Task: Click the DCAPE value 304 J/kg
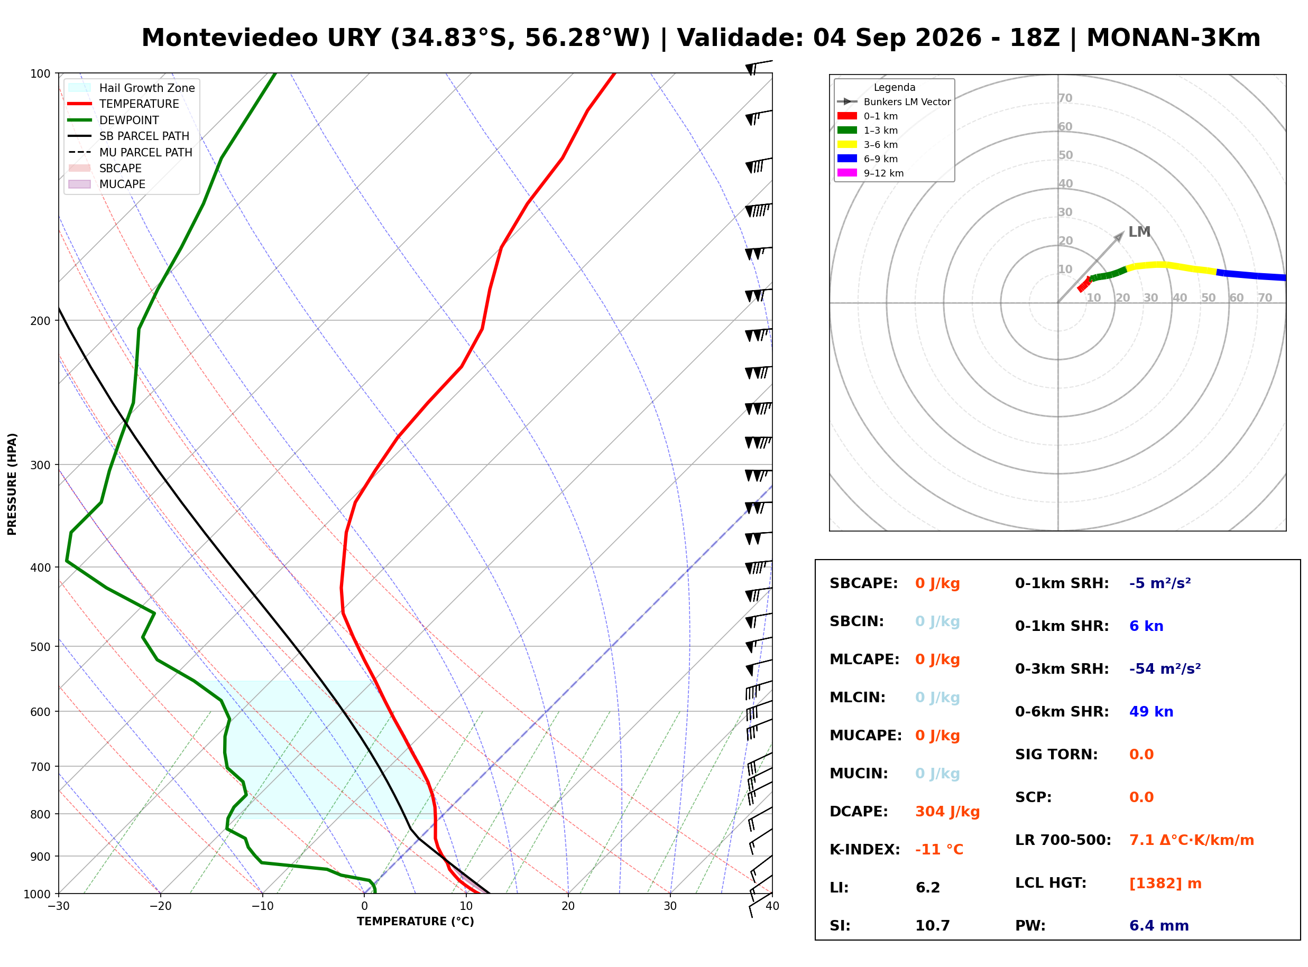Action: coord(947,812)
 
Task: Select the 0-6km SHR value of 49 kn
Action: coord(1151,712)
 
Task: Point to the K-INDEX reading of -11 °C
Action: coord(939,850)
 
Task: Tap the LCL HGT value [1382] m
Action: coord(1165,884)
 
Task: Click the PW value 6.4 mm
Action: coord(1159,926)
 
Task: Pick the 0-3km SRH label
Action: coord(1062,669)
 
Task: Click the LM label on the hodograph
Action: coord(1139,232)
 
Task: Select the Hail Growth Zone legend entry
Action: coord(131,88)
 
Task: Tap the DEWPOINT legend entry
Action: coord(114,120)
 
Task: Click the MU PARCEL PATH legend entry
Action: coord(130,152)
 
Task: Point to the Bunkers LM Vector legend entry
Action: coord(894,102)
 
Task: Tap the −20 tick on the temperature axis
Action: coord(160,906)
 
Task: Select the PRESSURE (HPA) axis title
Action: coord(12,484)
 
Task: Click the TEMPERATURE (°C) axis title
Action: coord(416,922)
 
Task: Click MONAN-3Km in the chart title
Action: coord(1173,38)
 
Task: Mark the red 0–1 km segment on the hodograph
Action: coord(1084,284)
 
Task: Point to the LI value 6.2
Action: coord(927,888)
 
